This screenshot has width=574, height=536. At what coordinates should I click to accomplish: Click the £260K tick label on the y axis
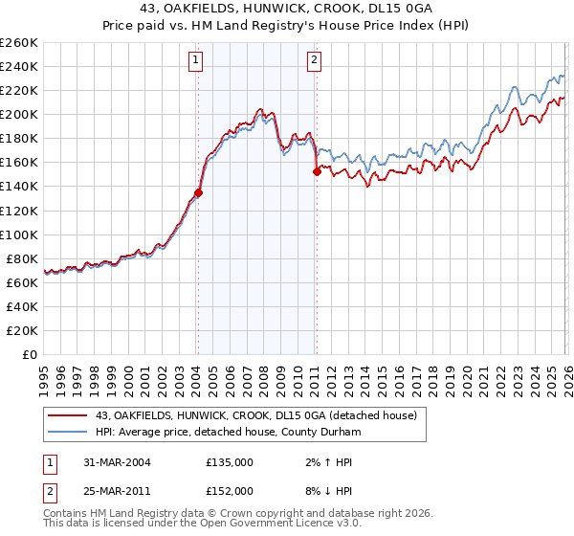[18, 43]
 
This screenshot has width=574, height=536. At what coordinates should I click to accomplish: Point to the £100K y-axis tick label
[18, 234]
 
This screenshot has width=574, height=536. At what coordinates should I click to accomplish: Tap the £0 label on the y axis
[29, 355]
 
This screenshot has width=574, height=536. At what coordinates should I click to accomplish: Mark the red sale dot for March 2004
[198, 193]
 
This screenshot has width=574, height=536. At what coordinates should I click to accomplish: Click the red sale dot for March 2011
[317, 172]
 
